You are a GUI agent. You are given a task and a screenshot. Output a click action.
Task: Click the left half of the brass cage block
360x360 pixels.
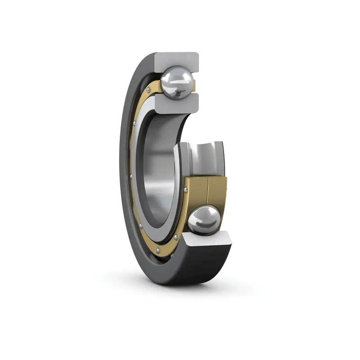tap(196, 192)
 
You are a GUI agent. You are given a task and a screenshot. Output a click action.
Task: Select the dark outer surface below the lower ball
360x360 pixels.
tap(198, 265)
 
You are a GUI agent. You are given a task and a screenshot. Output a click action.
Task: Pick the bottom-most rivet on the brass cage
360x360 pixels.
tap(157, 249)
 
